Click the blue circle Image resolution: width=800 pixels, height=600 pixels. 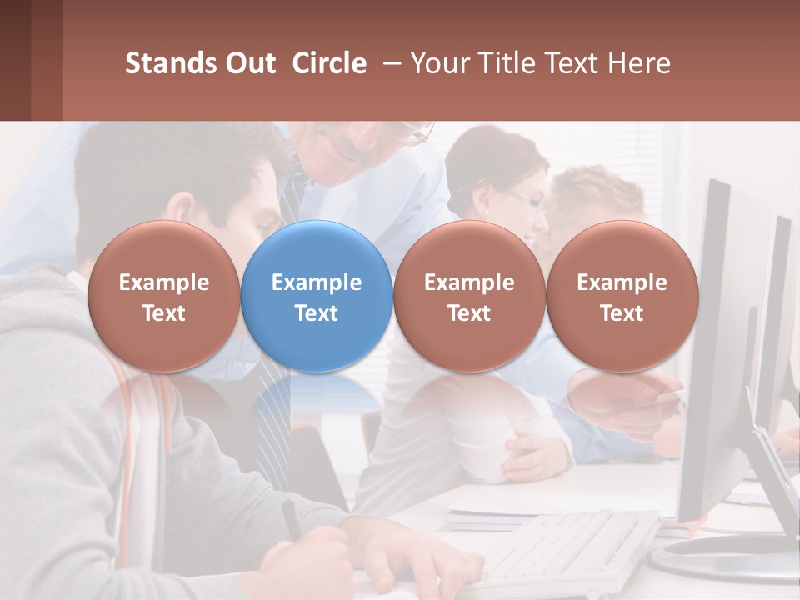317,297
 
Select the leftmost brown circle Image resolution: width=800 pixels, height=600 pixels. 163,297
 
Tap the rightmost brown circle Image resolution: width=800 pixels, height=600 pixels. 622,297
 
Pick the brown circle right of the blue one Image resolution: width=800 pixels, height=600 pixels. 469,297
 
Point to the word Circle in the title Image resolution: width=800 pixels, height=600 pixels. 329,63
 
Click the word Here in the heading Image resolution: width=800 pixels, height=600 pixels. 639,63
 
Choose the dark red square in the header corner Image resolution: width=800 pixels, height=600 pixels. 15,60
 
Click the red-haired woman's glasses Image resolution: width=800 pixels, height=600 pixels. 525,200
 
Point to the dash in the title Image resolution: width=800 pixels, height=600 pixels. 389,63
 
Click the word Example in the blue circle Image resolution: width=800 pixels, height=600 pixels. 317,282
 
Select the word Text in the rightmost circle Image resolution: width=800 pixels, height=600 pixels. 622,313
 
